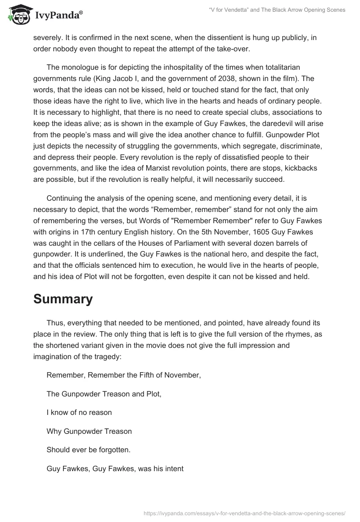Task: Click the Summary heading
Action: tap(63, 298)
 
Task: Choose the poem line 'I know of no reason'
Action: tap(79, 412)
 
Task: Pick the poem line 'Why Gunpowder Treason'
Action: tap(89, 431)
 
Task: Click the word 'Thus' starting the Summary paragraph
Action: tap(54, 323)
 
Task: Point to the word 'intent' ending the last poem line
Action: tap(173, 468)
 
